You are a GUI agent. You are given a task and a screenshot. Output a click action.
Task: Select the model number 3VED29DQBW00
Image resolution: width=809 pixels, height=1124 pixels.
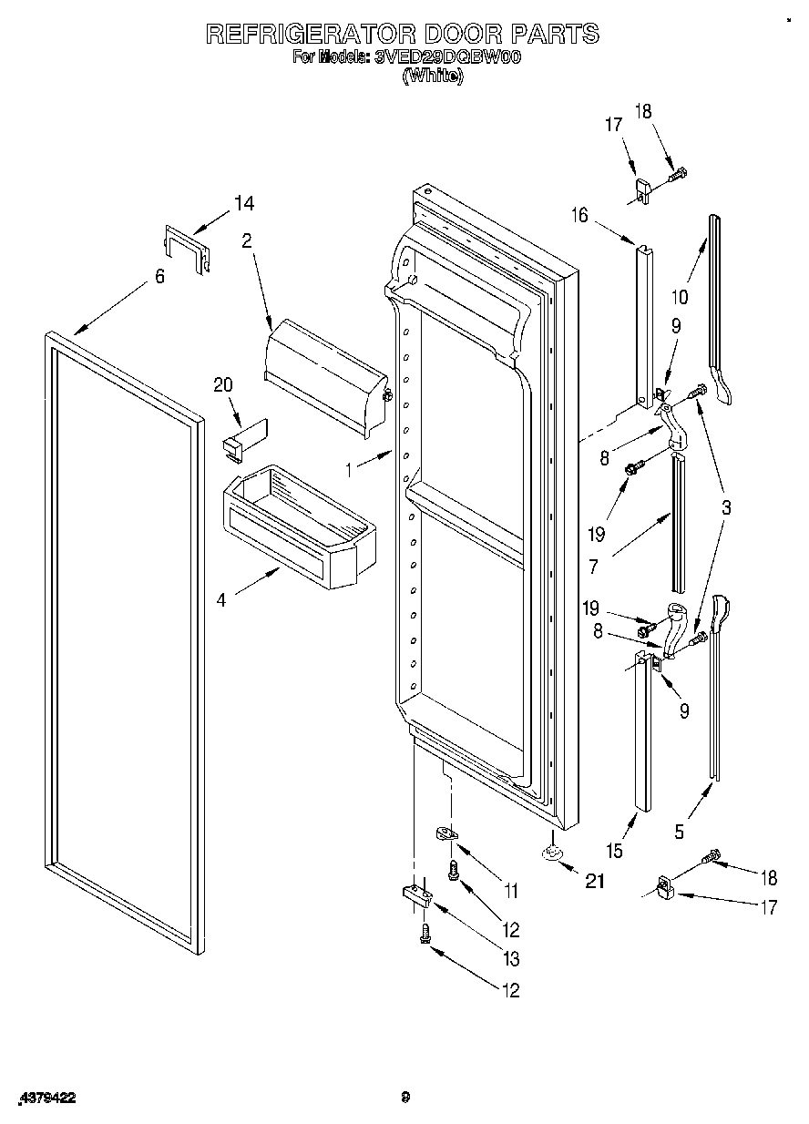[447, 57]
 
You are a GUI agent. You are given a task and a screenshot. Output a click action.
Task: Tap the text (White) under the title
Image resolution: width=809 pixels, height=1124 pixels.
[433, 77]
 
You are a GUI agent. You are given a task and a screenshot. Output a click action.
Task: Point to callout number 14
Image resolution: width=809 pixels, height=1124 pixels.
[243, 204]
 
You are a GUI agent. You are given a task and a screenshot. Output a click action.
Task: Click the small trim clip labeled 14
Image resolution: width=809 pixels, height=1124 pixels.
[186, 249]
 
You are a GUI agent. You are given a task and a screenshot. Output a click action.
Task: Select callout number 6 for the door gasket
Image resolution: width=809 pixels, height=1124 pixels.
[159, 276]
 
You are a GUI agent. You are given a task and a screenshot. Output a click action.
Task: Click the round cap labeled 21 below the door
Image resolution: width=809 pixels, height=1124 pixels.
[551, 853]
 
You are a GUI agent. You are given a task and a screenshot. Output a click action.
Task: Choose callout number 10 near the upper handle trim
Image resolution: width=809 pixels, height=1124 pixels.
[679, 296]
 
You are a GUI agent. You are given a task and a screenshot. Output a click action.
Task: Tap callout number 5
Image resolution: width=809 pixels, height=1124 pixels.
[680, 830]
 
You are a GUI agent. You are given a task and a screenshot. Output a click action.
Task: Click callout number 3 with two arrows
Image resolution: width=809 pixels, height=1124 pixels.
[726, 508]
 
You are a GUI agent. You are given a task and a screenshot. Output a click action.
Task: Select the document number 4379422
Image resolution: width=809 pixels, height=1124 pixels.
[45, 1098]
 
